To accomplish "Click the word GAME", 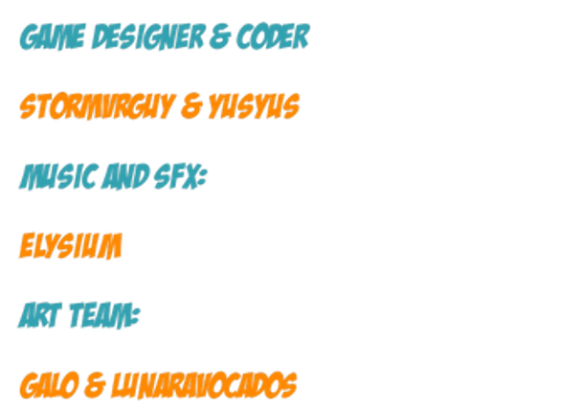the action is [53, 36].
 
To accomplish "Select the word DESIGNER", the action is [148, 36].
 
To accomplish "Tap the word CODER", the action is [273, 36].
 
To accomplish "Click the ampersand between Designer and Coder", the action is [220, 36].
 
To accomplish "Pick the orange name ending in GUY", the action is [97, 106].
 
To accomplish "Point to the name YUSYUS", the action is [254, 106].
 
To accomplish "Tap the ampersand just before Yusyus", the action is [191, 106].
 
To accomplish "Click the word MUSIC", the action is [58, 176].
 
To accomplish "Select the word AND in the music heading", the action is [125, 176].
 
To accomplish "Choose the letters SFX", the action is [176, 176].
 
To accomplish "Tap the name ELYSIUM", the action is [71, 245].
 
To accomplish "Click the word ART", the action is [40, 315].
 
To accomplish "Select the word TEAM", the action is [100, 315].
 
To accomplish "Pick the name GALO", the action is [50, 385].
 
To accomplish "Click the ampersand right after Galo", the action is [95, 386].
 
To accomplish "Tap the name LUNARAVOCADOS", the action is [204, 385].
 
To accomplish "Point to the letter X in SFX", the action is [190, 176].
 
